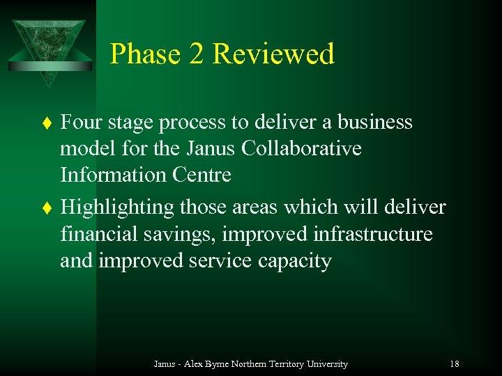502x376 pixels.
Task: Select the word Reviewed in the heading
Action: coord(274,54)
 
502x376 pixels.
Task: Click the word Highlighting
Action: coord(117,207)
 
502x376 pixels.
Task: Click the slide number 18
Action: coord(455,363)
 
